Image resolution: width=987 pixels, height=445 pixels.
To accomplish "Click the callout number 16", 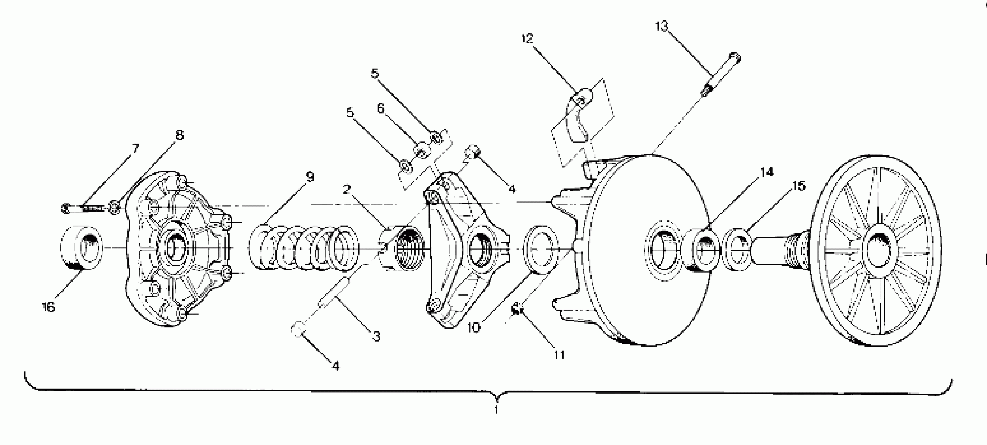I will (x=48, y=307).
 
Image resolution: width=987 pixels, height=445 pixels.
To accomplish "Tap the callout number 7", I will (x=135, y=148).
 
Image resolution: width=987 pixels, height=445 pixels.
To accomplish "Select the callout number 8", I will (x=179, y=135).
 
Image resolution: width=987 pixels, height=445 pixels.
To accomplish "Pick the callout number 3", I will (x=376, y=337).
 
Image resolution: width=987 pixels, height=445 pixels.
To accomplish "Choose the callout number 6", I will (x=380, y=109).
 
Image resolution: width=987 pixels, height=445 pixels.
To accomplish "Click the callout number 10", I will (x=474, y=328).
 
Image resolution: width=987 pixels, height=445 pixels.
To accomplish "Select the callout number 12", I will (x=527, y=38).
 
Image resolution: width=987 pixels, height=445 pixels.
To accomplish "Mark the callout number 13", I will (x=661, y=26).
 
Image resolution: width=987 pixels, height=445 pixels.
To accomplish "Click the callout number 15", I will (x=799, y=186).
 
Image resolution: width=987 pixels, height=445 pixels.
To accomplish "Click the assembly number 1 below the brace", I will (x=496, y=410).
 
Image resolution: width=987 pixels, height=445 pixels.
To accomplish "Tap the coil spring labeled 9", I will (x=304, y=248).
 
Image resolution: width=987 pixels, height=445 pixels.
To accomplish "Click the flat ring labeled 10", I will (x=540, y=250).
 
